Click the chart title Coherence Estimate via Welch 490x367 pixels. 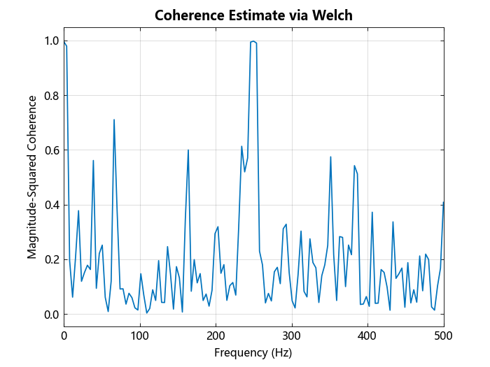tap(253, 15)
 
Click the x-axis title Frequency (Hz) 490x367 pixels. tap(253, 352)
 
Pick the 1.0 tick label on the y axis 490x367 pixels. tap(51, 41)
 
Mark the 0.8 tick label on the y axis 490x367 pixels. tap(51, 95)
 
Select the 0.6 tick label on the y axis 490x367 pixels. tap(51, 150)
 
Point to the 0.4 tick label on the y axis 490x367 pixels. tap(51, 205)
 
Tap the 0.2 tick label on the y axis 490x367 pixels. tap(51, 259)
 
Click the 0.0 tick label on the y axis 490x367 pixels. tap(51, 315)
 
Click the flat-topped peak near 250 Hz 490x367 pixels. tap(253, 42)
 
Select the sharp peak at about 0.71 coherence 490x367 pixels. tap(114, 120)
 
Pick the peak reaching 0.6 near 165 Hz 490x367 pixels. tap(188, 150)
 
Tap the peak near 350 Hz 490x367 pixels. tap(330, 157)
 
